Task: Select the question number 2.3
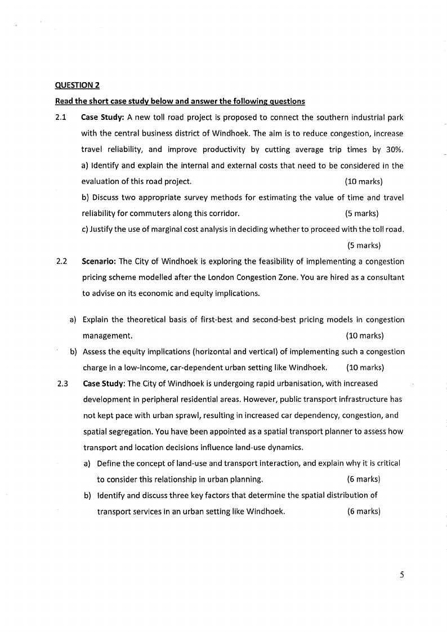pos(62,384)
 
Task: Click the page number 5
pos(401,575)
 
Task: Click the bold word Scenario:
pos(99,262)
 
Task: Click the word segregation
pos(122,432)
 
